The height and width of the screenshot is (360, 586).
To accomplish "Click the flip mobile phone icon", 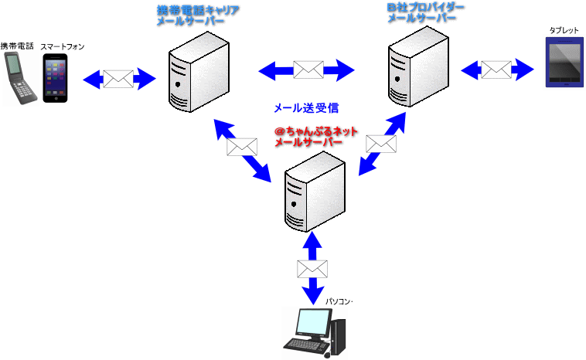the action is [x=19, y=78].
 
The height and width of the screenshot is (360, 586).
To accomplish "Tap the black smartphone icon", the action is [x=56, y=78].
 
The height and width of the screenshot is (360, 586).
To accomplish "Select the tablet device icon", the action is [x=564, y=62].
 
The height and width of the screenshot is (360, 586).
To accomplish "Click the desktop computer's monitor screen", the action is [x=313, y=322].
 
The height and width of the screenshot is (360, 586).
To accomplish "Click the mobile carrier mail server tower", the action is [x=199, y=72].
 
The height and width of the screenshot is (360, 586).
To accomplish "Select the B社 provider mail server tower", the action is [x=418, y=66].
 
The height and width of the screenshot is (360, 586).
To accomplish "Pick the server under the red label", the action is [x=315, y=192].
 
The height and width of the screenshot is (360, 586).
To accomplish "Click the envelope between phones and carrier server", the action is [x=118, y=79].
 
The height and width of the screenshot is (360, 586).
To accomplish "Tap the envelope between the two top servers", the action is [x=308, y=70].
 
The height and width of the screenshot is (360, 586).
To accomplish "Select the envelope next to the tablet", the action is [x=496, y=70].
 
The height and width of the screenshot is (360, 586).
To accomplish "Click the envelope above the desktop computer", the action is [x=312, y=269].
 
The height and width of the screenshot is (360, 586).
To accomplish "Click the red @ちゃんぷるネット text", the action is [x=316, y=131].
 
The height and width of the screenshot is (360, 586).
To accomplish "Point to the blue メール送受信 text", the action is [x=306, y=108].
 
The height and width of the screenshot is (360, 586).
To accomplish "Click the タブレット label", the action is [x=564, y=31].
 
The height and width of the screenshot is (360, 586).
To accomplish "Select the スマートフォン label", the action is [x=63, y=46].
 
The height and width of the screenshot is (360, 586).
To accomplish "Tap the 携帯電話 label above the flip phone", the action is [x=17, y=46].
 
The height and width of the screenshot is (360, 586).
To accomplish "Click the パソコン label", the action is [x=338, y=301].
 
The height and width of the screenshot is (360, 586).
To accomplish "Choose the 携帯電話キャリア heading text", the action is [x=198, y=10].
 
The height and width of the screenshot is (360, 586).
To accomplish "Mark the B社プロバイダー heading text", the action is [x=426, y=8].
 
